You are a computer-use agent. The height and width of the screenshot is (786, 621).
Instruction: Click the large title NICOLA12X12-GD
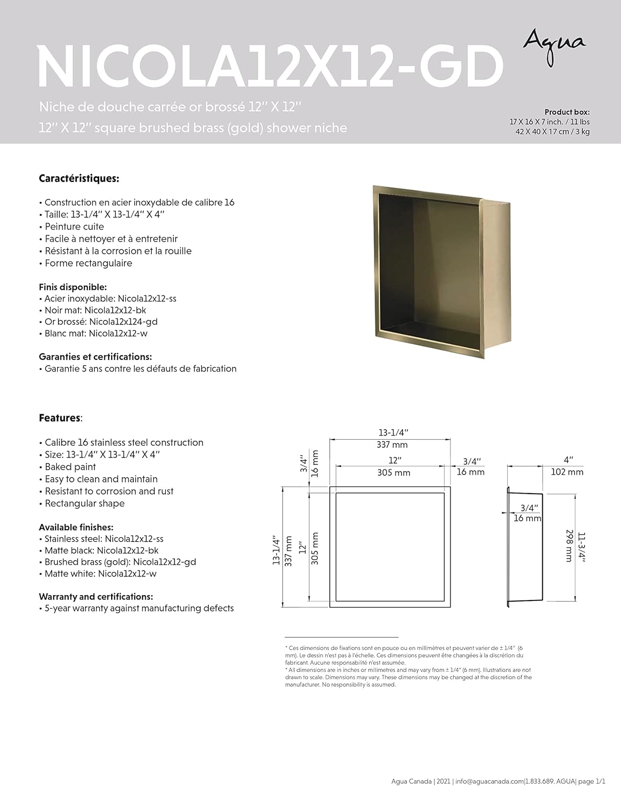coord(270,67)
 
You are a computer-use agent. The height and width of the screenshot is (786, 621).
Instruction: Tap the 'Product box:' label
coord(566,112)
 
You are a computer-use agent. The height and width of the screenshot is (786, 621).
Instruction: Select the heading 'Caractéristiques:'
coord(79,179)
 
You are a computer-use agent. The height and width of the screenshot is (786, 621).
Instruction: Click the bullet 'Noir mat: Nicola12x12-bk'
coord(94,310)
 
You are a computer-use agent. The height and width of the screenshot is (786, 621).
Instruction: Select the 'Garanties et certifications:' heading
coord(95,357)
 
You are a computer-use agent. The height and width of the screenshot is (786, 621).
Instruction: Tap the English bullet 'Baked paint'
coord(70,467)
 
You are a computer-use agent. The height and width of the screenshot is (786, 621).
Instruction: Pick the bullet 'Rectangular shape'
coord(84,504)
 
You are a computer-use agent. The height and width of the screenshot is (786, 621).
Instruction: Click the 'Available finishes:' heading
coord(76,527)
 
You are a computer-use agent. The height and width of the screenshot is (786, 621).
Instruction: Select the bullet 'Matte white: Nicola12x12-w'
coord(100,573)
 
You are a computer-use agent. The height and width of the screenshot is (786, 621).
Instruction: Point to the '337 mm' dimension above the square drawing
coord(392,445)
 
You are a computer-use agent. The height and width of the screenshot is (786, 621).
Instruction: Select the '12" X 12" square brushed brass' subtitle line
coord(193,128)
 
